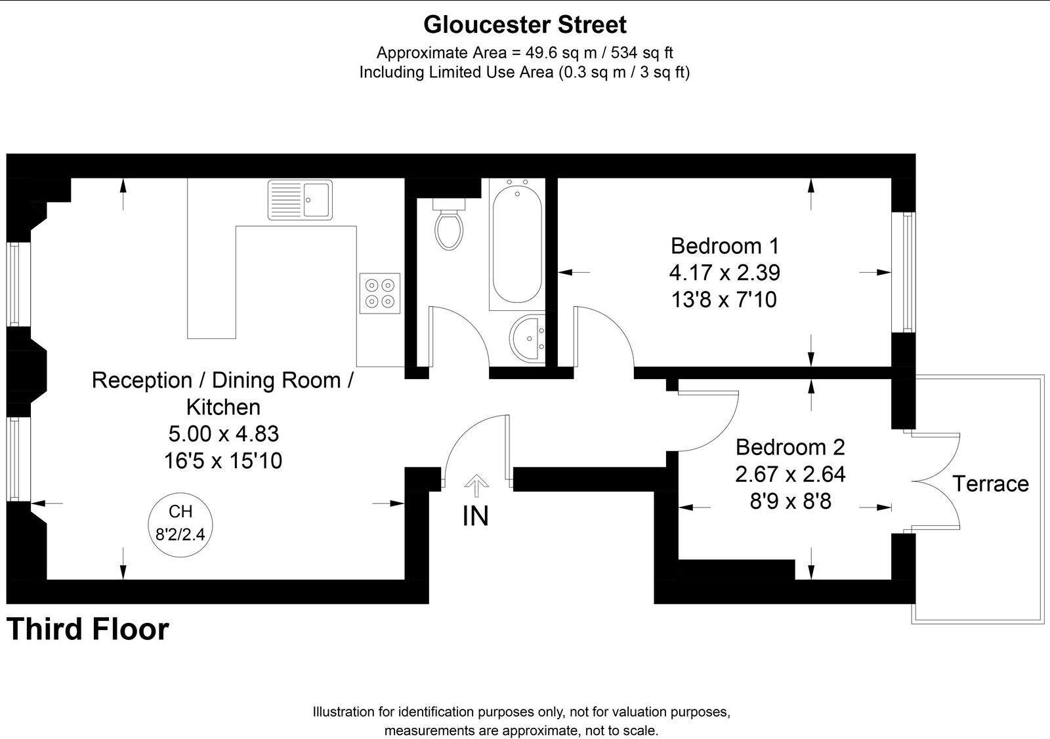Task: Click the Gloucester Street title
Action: click(524, 25)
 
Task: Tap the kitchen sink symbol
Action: click(301, 199)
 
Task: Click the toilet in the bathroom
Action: click(450, 226)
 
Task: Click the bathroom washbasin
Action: click(528, 338)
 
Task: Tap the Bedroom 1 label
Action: click(724, 246)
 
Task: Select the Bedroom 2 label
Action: click(790, 447)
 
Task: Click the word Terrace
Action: click(990, 484)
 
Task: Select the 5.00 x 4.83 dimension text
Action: click(223, 433)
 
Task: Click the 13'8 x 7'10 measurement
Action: click(724, 300)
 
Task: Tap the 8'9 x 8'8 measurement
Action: click(790, 501)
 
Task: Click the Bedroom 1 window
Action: click(908, 272)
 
